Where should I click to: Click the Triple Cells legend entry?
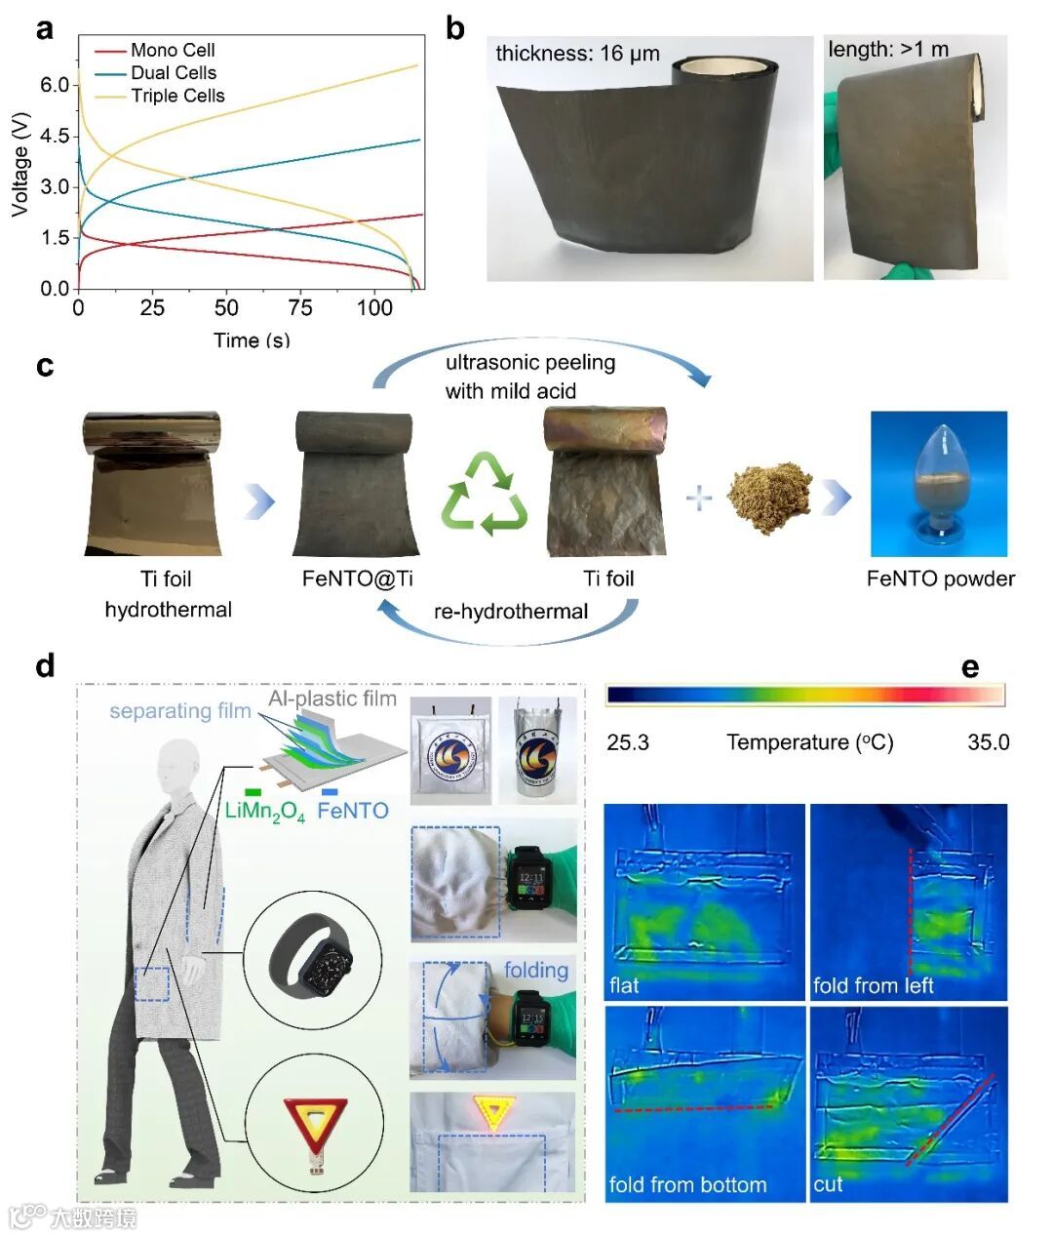(x=177, y=96)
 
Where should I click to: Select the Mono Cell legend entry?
(x=173, y=50)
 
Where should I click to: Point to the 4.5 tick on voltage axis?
(x=55, y=136)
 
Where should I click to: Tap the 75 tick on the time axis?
(x=300, y=308)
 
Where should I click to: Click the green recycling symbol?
(x=485, y=495)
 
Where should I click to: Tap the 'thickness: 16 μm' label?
(x=577, y=53)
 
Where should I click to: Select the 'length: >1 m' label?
(x=887, y=49)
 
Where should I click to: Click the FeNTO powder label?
(x=940, y=579)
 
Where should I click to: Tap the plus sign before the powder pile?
(x=698, y=498)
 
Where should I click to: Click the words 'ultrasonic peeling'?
(x=529, y=362)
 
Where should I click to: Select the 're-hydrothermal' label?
(x=511, y=611)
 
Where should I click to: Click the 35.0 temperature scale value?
(x=988, y=742)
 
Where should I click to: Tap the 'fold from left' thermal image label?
(x=873, y=985)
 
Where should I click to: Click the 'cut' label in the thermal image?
(x=828, y=1184)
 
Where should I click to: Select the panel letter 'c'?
(x=45, y=367)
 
